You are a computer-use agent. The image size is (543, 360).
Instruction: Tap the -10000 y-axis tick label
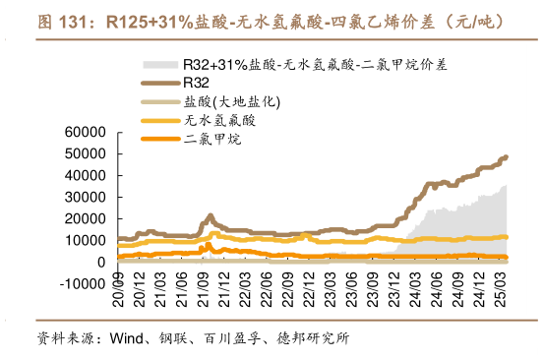[x=85, y=283]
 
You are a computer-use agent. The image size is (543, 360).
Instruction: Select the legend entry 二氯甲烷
[x=211, y=139]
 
